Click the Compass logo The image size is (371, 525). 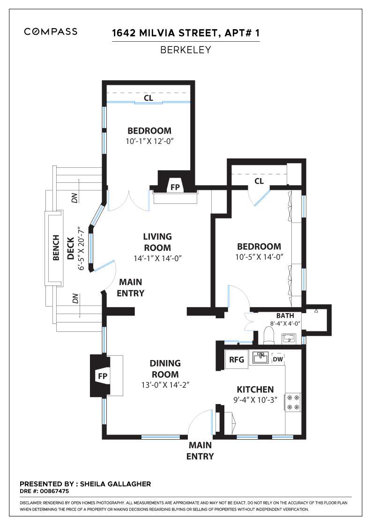click(x=51, y=31)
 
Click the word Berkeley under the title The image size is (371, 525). click(x=185, y=50)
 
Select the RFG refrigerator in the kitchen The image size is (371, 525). click(x=237, y=359)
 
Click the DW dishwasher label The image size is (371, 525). click(x=278, y=359)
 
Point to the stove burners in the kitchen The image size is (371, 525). click(x=293, y=403)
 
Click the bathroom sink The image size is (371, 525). click(x=288, y=338)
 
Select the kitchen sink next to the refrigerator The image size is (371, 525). click(x=260, y=358)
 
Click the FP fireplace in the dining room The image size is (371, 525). click(x=103, y=376)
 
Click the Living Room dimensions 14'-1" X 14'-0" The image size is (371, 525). click(x=157, y=258)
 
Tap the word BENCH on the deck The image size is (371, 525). click(x=56, y=247)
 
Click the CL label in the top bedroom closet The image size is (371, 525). click(x=148, y=98)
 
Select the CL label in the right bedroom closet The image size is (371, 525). click(x=259, y=181)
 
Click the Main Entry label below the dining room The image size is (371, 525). click(x=200, y=450)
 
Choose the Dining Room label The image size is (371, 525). click(x=165, y=368)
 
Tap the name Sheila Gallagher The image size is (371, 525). click(x=115, y=484)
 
